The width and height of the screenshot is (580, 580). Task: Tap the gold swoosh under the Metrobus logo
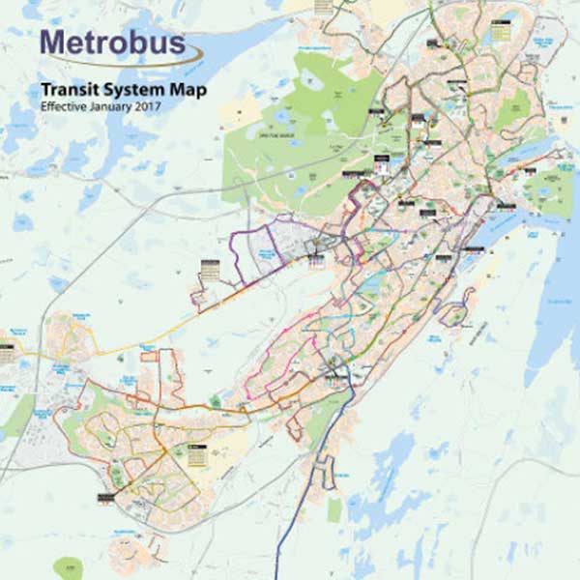145,62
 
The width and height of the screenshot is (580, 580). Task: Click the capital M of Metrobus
53,44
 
